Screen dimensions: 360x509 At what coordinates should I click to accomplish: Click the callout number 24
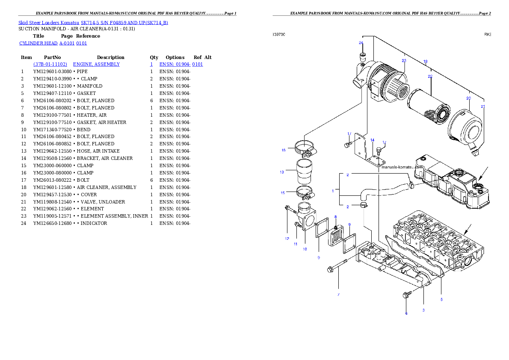point(361,43)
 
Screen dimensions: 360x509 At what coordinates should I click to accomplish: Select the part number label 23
point(404,60)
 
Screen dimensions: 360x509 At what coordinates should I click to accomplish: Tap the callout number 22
point(430,76)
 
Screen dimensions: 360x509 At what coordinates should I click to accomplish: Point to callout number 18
point(425,62)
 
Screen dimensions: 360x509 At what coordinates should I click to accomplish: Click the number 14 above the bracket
point(372,140)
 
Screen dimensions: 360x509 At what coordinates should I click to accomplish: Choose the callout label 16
point(283,150)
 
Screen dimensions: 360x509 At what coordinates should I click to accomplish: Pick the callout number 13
point(282,172)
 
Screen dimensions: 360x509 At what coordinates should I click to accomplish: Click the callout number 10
point(305,248)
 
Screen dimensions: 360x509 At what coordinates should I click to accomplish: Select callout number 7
point(338,294)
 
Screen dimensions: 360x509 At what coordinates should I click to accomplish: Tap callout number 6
point(406,313)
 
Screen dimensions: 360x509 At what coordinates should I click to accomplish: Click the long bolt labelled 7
point(342,265)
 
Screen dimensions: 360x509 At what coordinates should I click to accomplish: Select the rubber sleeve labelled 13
point(303,171)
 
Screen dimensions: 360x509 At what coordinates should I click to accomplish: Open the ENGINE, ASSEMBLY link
point(96,64)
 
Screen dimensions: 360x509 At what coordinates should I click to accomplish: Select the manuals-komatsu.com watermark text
point(402,167)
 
